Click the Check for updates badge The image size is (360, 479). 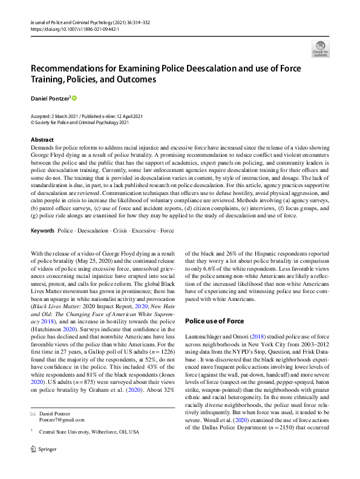click(x=320, y=48)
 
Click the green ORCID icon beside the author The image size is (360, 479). click(x=75, y=97)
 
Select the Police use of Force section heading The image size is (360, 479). click(x=214, y=321)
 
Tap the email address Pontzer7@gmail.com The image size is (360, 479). click(x=62, y=418)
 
